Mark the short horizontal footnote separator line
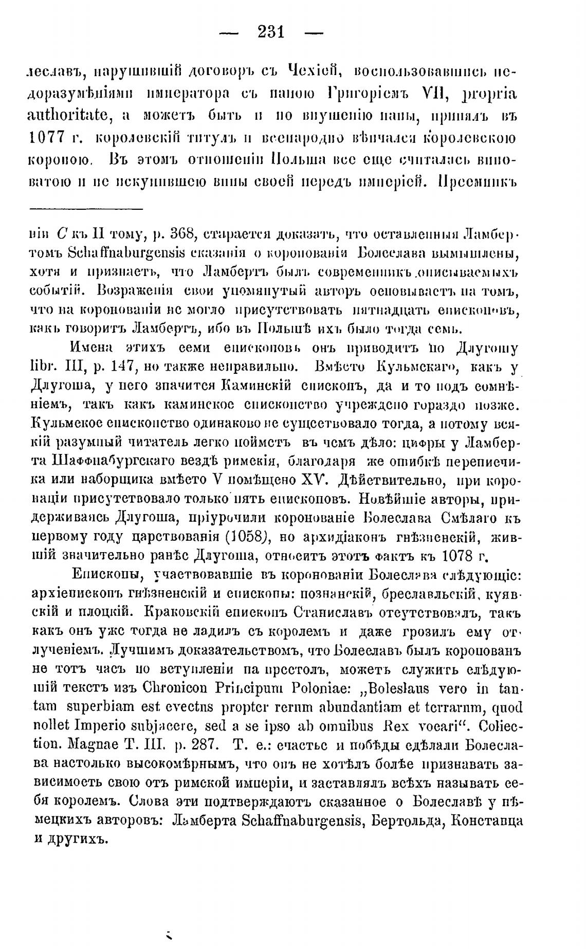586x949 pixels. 86,209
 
